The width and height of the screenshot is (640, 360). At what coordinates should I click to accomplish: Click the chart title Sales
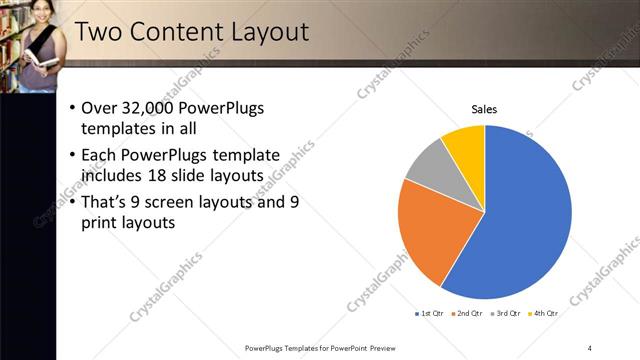tap(485, 109)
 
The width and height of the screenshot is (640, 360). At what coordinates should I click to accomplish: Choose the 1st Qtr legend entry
tap(430, 313)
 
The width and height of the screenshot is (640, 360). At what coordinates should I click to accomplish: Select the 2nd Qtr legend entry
tap(467, 313)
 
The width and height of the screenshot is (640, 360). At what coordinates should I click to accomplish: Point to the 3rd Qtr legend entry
tap(504, 313)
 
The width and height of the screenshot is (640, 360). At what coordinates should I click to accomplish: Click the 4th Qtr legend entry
tap(541, 313)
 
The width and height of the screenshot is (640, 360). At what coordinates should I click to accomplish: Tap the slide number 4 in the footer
tap(590, 348)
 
